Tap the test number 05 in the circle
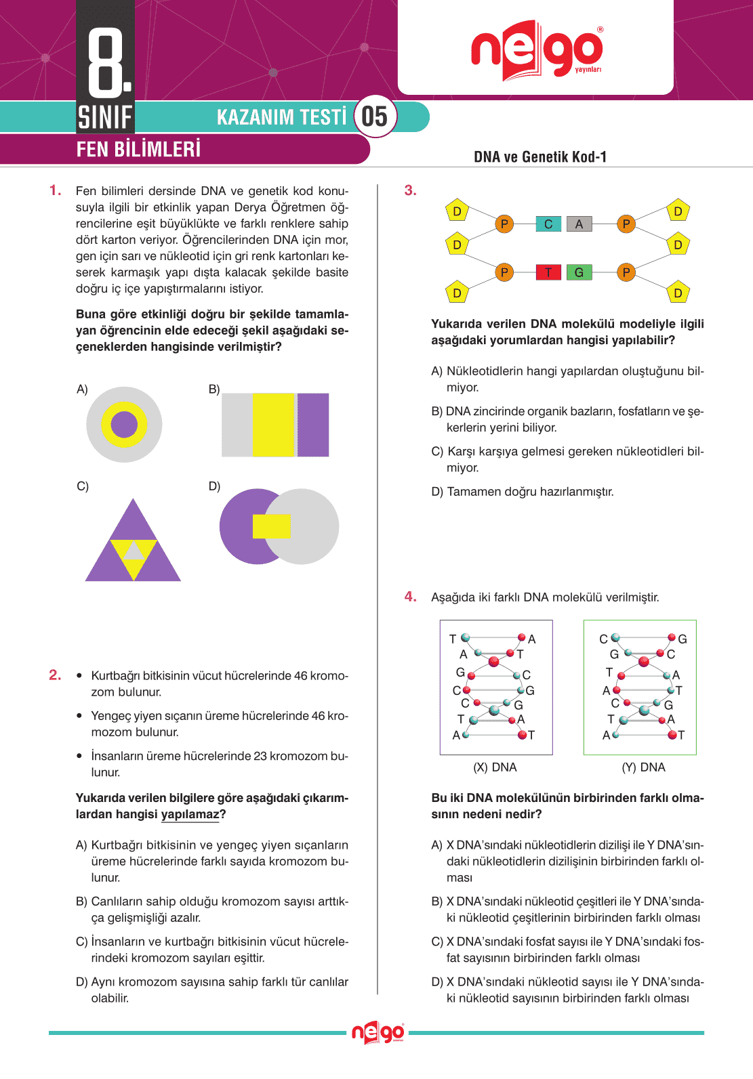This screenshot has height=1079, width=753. click(374, 117)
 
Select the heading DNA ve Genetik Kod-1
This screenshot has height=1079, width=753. click(540, 157)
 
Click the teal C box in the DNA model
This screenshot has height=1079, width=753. click(548, 224)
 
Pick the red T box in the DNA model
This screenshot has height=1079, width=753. click(548, 272)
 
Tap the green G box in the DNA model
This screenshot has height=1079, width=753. click(579, 272)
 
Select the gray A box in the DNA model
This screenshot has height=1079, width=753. click(579, 224)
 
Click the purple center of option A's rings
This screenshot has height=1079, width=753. click(124, 425)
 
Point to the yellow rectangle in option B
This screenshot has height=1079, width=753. click(274, 425)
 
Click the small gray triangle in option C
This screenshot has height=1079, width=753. click(134, 551)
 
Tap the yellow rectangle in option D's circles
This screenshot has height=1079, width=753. click(271, 526)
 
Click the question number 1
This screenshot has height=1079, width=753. click(56, 190)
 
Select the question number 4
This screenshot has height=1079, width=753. click(410, 597)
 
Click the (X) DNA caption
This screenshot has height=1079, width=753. click(495, 767)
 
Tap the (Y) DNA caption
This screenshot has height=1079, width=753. click(643, 767)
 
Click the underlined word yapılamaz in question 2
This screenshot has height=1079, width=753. click(190, 814)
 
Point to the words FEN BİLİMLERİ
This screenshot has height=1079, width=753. click(138, 149)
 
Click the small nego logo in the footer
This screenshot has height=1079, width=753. click(378, 1033)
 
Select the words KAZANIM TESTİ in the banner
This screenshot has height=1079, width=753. click(281, 117)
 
